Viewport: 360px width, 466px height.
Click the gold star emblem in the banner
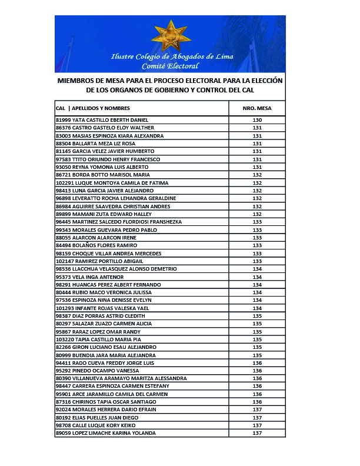click(171, 35)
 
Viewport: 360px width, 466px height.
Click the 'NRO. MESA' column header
click(256, 108)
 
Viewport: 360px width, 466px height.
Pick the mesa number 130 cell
click(257, 120)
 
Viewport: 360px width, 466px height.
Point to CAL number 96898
click(62, 198)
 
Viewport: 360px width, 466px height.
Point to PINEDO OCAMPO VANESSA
click(98, 371)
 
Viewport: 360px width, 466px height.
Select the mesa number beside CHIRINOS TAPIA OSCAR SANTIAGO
click(257, 402)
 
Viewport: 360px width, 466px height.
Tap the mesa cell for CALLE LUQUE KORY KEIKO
click(257, 425)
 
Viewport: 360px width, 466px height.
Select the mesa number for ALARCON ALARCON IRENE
click(257, 238)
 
